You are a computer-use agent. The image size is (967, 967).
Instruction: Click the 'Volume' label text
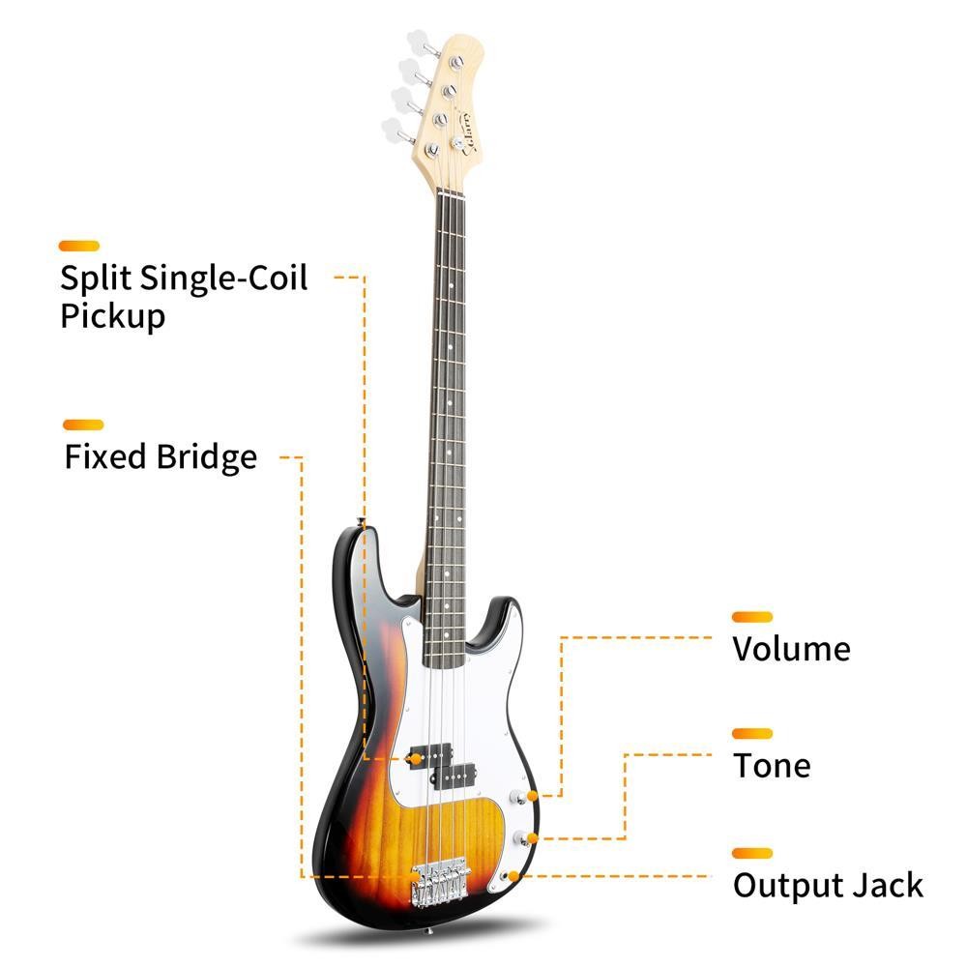tap(791, 648)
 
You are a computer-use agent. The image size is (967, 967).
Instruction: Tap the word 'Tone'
tap(771, 765)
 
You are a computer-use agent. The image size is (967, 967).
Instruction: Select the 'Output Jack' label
tap(828, 885)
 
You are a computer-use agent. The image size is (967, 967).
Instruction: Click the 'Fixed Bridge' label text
tap(161, 456)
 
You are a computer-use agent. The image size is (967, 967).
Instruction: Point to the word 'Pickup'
tap(112, 315)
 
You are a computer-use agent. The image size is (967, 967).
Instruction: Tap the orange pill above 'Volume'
tap(752, 616)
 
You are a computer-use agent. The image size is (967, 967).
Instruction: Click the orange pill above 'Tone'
tap(752, 734)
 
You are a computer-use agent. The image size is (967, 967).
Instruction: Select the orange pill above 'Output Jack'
tap(752, 853)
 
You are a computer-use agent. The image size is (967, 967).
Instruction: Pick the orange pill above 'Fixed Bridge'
tap(83, 425)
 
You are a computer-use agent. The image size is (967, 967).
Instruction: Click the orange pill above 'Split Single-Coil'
tap(79, 246)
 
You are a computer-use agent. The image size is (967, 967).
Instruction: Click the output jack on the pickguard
tap(510, 875)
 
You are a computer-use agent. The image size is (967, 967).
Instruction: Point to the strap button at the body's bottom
tap(430, 934)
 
